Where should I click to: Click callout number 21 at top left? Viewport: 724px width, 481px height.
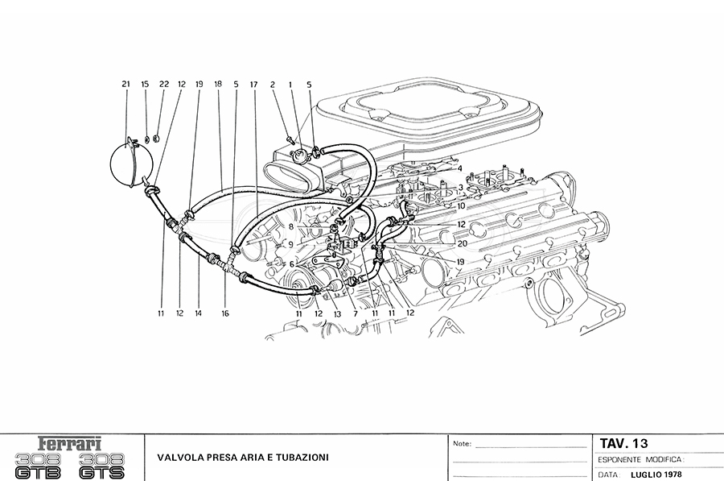[x=125, y=84]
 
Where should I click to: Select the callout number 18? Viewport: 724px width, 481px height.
[x=218, y=84]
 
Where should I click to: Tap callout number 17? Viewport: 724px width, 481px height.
[x=253, y=84]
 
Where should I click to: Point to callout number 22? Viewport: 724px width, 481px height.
[x=164, y=84]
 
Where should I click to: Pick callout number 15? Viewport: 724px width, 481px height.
[x=146, y=84]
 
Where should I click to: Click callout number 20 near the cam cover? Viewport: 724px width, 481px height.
[x=462, y=243]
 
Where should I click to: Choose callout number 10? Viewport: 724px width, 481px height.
[x=461, y=205]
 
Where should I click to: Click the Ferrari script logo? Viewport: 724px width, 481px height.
[x=72, y=444]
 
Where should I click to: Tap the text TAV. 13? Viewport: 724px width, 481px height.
[x=624, y=443]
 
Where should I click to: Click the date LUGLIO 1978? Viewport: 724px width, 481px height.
[x=657, y=474]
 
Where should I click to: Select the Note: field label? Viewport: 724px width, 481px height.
[x=462, y=444]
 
